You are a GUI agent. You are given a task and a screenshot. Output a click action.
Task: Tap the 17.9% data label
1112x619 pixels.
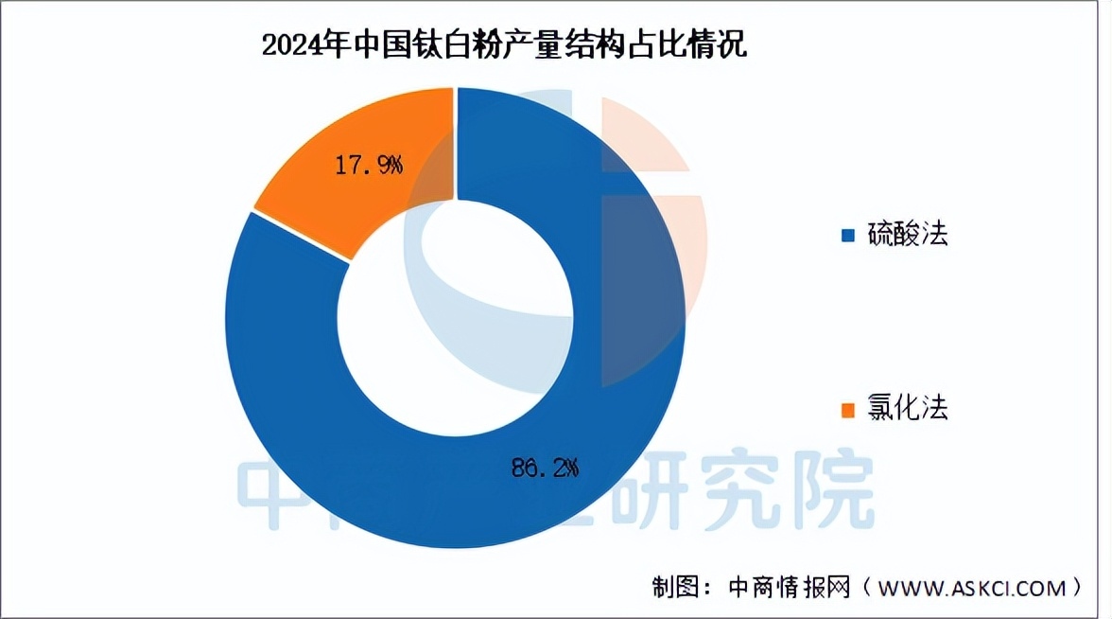click(x=369, y=166)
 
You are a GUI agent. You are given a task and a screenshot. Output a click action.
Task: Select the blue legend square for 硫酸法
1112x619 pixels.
click(x=847, y=234)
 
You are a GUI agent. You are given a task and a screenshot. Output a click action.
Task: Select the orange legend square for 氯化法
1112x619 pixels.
click(x=847, y=409)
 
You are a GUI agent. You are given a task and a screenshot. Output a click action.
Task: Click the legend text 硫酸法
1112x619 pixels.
click(x=908, y=234)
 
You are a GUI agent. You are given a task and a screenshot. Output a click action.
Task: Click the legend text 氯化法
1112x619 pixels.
click(x=908, y=409)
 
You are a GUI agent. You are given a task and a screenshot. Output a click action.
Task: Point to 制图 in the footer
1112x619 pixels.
click(x=670, y=588)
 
